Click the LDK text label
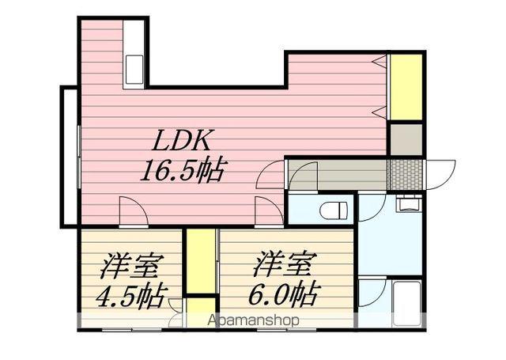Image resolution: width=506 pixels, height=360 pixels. pyautogui.click(x=180, y=141)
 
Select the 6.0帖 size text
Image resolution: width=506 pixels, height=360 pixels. pyautogui.click(x=285, y=294)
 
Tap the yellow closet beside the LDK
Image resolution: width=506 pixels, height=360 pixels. pyautogui.click(x=406, y=86)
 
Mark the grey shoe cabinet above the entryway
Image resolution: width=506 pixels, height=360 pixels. pyautogui.click(x=406, y=139)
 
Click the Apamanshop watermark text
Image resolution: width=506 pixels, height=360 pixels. pyautogui.click(x=254, y=321)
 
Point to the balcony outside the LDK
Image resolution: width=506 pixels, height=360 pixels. pyautogui.click(x=70, y=156)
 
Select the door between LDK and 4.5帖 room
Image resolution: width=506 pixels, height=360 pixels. pyautogui.click(x=131, y=211)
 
